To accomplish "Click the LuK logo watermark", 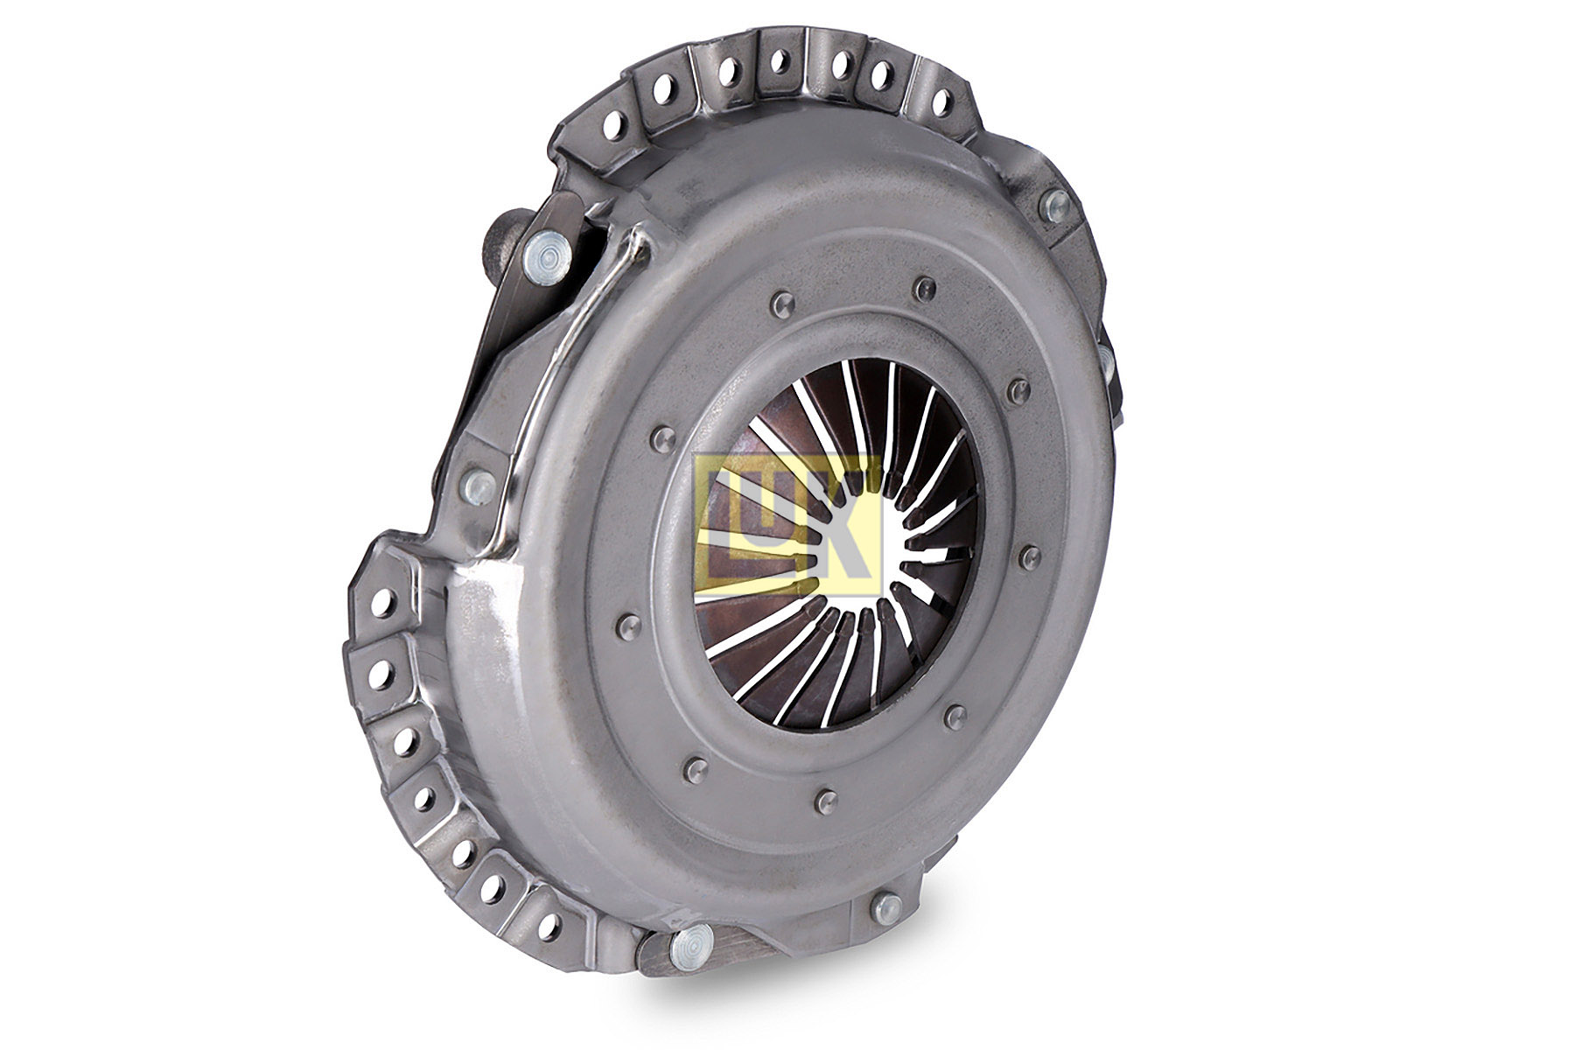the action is coord(785,523).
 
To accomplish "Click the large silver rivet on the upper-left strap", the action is coord(547,255).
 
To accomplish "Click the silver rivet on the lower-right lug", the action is coord(887,908).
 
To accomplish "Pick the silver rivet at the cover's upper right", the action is coord(1057,205).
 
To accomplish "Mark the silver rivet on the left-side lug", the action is coord(479,485).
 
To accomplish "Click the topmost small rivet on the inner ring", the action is coord(923,288).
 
